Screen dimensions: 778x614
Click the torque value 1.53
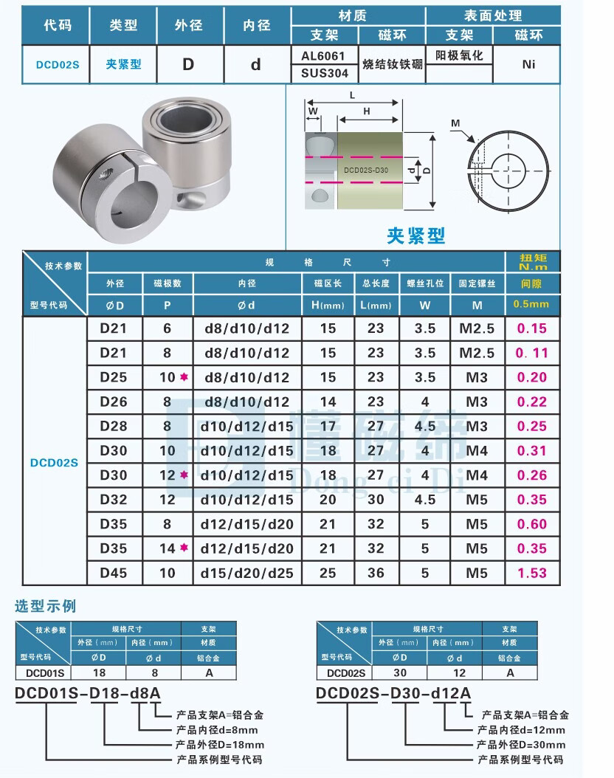click(x=531, y=573)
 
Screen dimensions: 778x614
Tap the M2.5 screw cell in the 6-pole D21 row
click(x=476, y=329)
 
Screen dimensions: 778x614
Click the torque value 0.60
click(x=531, y=524)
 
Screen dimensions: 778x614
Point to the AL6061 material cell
click(x=325, y=55)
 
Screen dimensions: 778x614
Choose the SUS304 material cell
click(x=325, y=73)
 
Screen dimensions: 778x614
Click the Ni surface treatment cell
click(x=528, y=64)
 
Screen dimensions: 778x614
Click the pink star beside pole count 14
click(x=183, y=548)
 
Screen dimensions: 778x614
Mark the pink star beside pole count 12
click(x=183, y=475)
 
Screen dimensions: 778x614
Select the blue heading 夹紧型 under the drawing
click(x=416, y=235)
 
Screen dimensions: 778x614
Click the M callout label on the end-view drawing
click(x=455, y=123)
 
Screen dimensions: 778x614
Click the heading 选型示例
click(x=46, y=607)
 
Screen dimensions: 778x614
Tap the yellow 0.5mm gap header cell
click(x=531, y=304)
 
